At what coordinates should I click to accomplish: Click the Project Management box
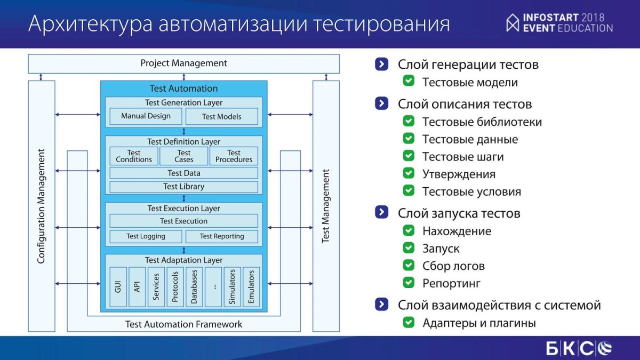pos(183,63)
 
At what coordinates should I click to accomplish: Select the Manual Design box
pos(146,116)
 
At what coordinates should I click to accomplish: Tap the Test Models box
pos(222,116)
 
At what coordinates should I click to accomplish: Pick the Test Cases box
pos(183,156)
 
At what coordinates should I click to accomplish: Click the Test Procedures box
pos(234,156)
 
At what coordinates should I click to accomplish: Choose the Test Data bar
pos(183,173)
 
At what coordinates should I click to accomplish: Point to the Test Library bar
pos(183,187)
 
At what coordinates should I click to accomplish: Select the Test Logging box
pos(146,236)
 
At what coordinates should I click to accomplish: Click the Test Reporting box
pos(222,236)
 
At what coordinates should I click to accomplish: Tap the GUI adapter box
pos(118,287)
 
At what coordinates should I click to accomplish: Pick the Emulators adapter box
pos(251,287)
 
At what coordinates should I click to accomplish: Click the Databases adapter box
pos(194,287)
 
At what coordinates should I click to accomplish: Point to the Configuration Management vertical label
pos(42,206)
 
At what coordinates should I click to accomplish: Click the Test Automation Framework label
pos(183,324)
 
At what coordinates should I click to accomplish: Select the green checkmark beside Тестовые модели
pos(409,81)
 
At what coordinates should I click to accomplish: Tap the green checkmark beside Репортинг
pos(409,282)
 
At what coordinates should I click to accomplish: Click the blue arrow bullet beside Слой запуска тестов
pos(382,212)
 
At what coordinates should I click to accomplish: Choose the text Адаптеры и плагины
pos(479,323)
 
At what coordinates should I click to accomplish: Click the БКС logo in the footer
pos(579,348)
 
